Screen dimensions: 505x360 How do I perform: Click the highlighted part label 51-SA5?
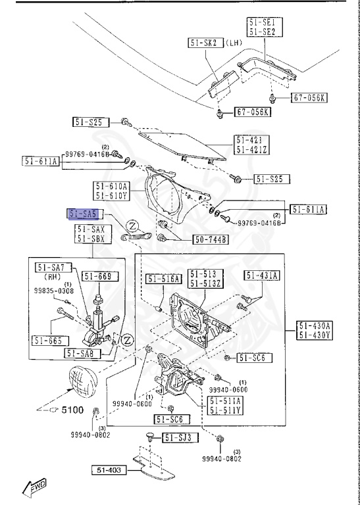point(84,214)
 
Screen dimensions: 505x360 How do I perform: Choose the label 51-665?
point(49,341)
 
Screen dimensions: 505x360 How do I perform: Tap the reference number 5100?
point(72,410)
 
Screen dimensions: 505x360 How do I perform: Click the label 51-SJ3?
point(178,437)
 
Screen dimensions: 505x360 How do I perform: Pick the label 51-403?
point(110,470)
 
